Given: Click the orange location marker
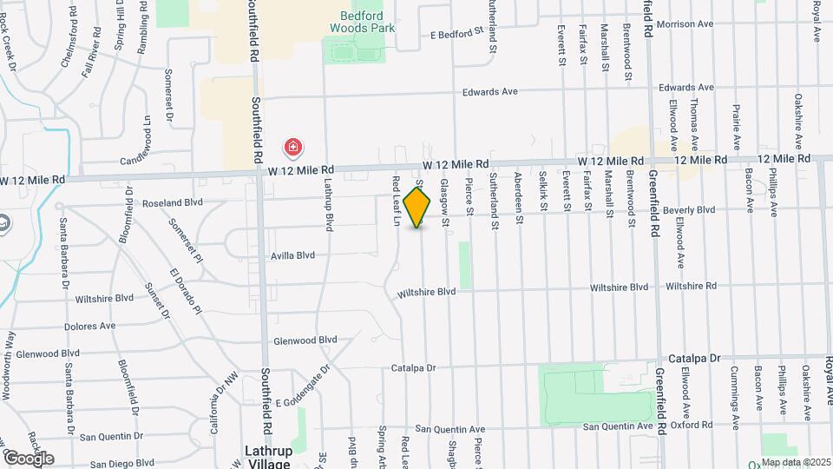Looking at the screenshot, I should [417, 207].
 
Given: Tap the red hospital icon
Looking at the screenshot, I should [293, 147].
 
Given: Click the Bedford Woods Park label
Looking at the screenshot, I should [363, 21].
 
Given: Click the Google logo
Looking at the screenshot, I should [28, 458].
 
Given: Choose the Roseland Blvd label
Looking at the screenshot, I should [174, 202].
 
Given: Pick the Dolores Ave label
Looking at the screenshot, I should [89, 327].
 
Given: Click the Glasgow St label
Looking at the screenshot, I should [444, 202].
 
